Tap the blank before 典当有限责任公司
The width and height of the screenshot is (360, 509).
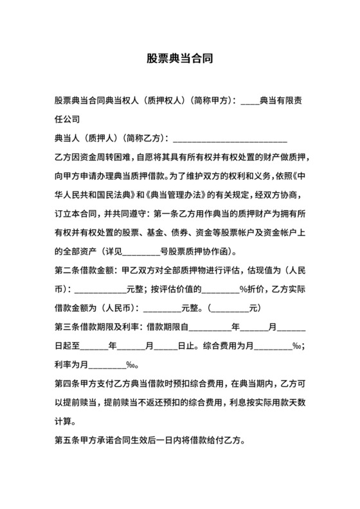[249, 102]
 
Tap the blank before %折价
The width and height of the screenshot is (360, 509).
[221, 289]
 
